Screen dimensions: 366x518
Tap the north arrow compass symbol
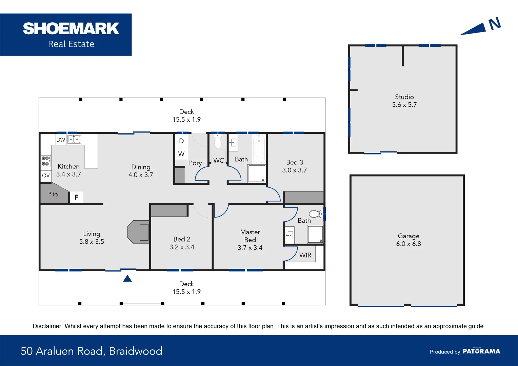pyautogui.click(x=481, y=27)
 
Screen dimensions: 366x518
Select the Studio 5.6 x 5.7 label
pyautogui.click(x=404, y=101)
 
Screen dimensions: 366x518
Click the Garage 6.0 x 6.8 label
pyautogui.click(x=408, y=240)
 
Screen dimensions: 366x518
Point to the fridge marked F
pyautogui.click(x=76, y=197)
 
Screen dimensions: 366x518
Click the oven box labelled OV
pyautogui.click(x=46, y=176)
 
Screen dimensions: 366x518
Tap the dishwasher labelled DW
pyautogui.click(x=61, y=140)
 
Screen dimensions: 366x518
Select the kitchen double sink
pyautogui.click(x=74, y=139)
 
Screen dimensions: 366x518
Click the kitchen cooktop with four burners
pyautogui.click(x=46, y=161)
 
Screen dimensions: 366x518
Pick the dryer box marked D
pyautogui.click(x=181, y=141)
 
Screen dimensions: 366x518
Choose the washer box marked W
pyautogui.click(x=181, y=154)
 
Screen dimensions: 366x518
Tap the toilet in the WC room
pyautogui.click(x=218, y=141)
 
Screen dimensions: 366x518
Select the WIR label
pyautogui.click(x=305, y=255)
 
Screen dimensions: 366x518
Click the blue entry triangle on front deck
pyautogui.click(x=127, y=279)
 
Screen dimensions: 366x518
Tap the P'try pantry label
pyautogui.click(x=53, y=194)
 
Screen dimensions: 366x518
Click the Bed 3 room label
pyautogui.click(x=294, y=166)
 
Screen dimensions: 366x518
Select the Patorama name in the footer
pyautogui.click(x=481, y=351)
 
